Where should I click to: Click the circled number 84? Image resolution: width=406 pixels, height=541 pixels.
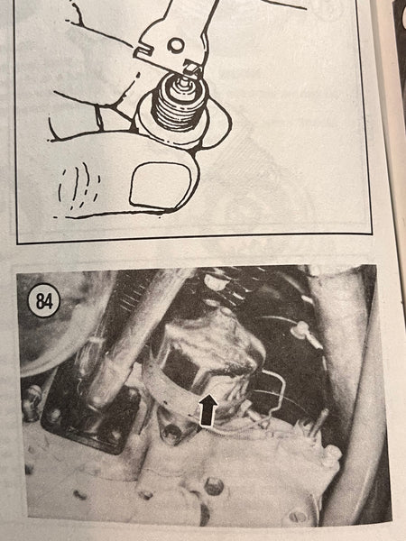pyautogui.click(x=43, y=301)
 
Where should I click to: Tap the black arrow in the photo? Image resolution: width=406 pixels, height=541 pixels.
pyautogui.click(x=208, y=409)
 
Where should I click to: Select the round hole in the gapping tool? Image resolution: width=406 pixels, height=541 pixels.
pyautogui.click(x=175, y=44)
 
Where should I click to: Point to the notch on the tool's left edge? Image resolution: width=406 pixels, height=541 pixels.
pyautogui.click(x=143, y=51)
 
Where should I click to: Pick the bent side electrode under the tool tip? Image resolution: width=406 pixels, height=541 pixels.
pyautogui.click(x=194, y=70)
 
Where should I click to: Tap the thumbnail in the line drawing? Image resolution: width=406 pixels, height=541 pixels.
pyautogui.click(x=161, y=185)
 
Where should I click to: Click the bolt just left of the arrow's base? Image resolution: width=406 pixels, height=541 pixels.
pyautogui.click(x=172, y=432)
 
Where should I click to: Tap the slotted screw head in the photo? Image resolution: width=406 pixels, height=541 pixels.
pyautogui.click(x=298, y=516)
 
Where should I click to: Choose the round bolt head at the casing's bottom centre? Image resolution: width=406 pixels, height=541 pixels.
pyautogui.click(x=215, y=486)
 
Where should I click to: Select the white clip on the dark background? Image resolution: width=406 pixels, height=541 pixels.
pyautogui.click(x=300, y=328)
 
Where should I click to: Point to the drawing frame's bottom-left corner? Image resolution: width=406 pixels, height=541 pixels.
pyautogui.click(x=17, y=243)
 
